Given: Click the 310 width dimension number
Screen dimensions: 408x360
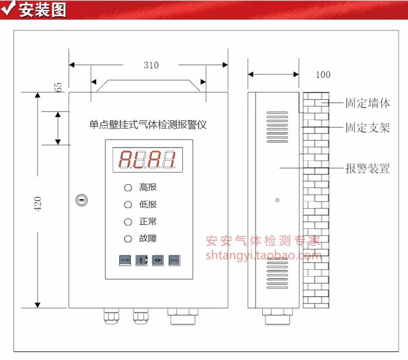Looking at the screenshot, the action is [x=151, y=65].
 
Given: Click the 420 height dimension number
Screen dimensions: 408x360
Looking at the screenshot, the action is [x=38, y=204].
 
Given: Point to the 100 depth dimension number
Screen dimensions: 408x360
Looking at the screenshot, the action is [x=323, y=75].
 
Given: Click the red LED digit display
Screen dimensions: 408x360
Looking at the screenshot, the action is [x=147, y=160].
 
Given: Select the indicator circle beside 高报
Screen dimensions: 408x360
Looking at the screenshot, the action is [x=128, y=188].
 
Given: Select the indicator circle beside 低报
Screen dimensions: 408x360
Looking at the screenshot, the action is [x=128, y=205].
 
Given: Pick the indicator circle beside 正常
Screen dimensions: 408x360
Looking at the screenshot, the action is [x=128, y=222].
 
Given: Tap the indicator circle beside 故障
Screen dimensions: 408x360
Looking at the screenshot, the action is [x=128, y=239].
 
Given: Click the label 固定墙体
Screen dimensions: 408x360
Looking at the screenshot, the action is [x=368, y=103].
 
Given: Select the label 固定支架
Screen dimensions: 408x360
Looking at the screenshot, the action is [x=368, y=129].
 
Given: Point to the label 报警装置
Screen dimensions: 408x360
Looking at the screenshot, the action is [x=368, y=168].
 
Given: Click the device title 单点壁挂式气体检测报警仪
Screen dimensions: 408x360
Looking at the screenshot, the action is [x=148, y=125].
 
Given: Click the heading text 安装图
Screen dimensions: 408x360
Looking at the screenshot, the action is [x=42, y=10].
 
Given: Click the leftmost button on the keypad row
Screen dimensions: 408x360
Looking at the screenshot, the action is [x=125, y=260].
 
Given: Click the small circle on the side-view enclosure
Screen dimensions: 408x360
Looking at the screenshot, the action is [x=277, y=200].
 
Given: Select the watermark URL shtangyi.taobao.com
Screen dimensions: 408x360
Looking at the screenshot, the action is [x=263, y=255].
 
